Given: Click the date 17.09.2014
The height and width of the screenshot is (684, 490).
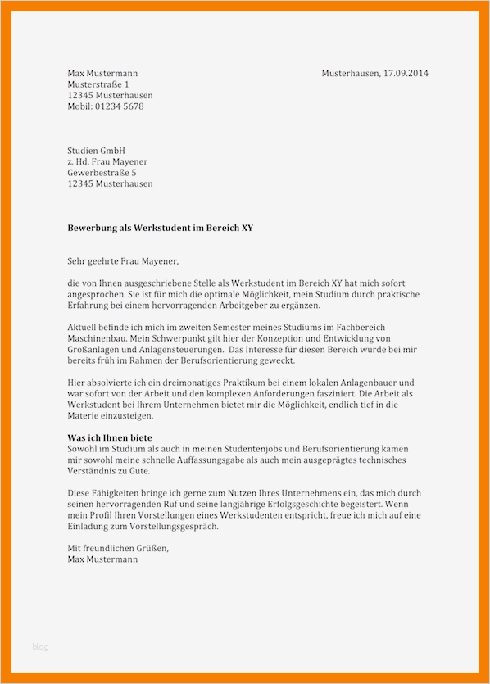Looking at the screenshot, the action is click(x=403, y=74).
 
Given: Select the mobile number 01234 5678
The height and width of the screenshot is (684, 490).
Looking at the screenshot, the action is click(x=120, y=106).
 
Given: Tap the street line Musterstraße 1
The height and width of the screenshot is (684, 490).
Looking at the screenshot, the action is click(x=98, y=84).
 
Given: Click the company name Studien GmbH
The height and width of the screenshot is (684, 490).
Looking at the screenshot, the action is click(x=96, y=151).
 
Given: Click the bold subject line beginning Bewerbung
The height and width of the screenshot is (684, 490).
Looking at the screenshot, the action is click(x=160, y=228).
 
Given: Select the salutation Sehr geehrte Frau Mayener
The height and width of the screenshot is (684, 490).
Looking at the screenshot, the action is click(x=122, y=261).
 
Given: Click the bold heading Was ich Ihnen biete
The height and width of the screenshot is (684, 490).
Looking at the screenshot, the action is click(x=110, y=438).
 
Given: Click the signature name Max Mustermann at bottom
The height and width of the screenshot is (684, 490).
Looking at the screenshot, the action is click(x=102, y=559).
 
